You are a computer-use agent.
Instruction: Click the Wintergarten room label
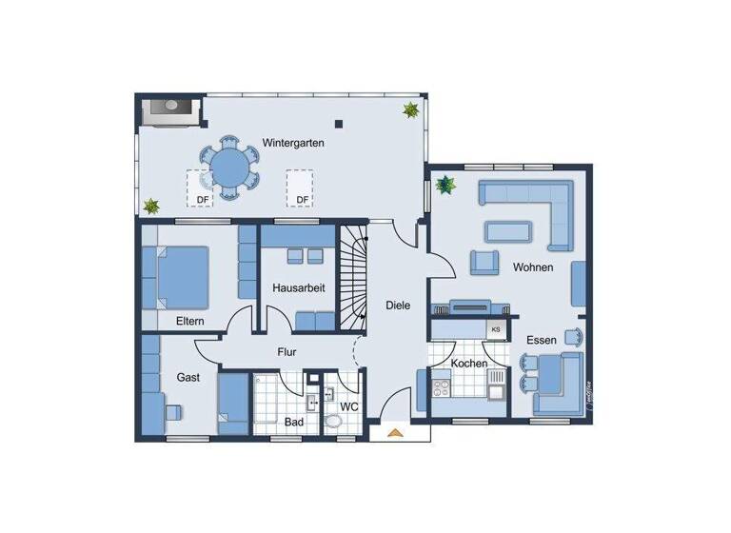(293, 143)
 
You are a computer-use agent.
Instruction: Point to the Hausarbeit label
(298, 287)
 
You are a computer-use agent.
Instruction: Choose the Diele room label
(398, 306)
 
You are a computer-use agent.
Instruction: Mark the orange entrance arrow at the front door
(395, 433)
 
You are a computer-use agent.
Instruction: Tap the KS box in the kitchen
(495, 329)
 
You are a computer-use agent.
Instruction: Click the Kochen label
(469, 363)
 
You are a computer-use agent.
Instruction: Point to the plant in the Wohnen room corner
(445, 184)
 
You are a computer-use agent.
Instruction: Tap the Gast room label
(188, 378)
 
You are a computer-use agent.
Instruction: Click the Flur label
(287, 352)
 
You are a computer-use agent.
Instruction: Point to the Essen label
(542, 339)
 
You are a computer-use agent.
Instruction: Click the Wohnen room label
(533, 267)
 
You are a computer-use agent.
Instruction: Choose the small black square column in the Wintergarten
(340, 122)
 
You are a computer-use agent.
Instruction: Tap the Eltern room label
(190, 322)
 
